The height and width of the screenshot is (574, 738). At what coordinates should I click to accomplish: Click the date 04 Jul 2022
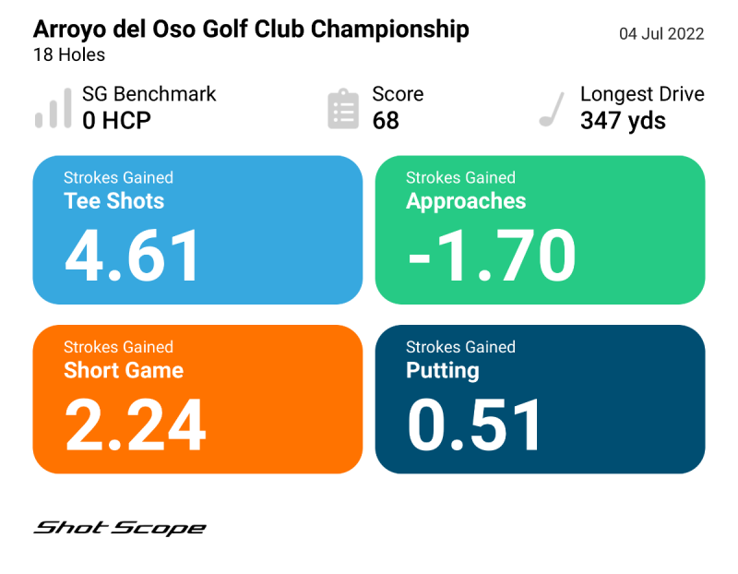pos(661,34)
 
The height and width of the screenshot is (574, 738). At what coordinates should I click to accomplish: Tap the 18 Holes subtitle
pos(69,54)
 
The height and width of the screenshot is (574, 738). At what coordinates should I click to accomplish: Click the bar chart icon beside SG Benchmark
pos(53,108)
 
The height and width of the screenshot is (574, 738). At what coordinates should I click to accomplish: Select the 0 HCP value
pos(116,121)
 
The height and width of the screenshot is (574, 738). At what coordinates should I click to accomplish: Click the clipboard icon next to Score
pos(343,109)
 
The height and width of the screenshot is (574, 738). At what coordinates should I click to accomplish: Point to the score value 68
pos(386,121)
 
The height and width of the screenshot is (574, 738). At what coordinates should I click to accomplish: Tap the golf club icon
pos(552,109)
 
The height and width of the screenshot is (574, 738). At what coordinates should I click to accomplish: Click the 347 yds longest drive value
pos(623,121)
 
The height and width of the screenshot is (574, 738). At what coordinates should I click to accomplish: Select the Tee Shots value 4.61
pos(133,255)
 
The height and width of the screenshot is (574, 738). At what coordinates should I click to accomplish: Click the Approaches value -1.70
pos(492,255)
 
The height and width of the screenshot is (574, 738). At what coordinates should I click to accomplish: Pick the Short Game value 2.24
pos(135,425)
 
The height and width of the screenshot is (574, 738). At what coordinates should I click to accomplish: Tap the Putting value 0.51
pos(475,425)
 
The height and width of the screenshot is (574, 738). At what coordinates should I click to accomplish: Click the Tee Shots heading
pos(113,201)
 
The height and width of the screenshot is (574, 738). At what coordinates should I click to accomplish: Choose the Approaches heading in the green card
pos(466,201)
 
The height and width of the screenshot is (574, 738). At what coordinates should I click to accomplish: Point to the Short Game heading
pos(124,371)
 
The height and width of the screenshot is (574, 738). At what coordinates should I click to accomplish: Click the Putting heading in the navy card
pos(443,371)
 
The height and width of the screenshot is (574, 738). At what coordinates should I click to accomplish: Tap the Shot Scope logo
pos(120,528)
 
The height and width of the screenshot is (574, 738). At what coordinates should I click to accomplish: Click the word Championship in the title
pos(389,29)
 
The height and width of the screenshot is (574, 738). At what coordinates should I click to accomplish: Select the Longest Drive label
pos(642,94)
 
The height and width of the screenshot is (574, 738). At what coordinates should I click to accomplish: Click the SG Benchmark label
pos(149,94)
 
